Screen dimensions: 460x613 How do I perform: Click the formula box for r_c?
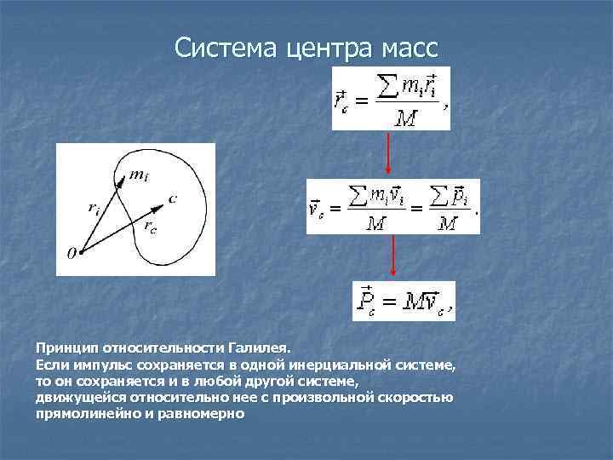click(x=391, y=98)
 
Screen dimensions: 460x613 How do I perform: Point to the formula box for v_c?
click(x=392, y=207)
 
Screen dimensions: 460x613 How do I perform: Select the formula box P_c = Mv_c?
click(x=403, y=301)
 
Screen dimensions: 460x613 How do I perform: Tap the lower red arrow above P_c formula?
click(x=392, y=256)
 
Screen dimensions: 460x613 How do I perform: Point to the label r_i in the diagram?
click(x=92, y=207)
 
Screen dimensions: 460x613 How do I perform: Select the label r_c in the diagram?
click(x=149, y=227)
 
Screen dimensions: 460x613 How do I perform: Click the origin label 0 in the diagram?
click(x=72, y=253)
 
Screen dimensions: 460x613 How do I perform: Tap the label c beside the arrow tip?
click(x=172, y=199)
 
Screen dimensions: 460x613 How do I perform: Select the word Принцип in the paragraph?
click(x=66, y=348)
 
